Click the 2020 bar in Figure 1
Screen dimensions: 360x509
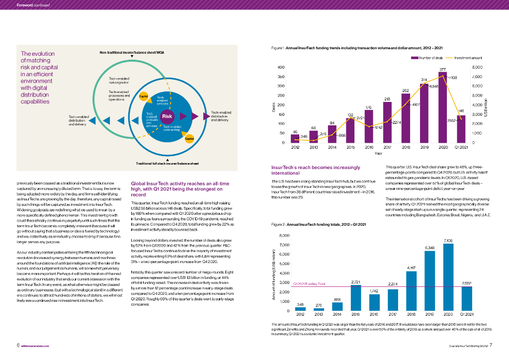[442, 107]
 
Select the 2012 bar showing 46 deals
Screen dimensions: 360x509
[295, 139]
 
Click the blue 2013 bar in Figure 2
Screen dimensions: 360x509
[319, 309]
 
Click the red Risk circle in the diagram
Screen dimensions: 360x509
[166, 117]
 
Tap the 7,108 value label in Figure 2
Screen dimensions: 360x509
[448, 240]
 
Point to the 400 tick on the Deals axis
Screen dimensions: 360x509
[281, 68]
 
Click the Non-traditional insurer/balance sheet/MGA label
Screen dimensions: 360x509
[132, 52]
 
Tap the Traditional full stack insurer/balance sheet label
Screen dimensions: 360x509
[168, 163]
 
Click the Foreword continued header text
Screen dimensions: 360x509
[33, 5]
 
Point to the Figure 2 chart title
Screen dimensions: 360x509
[319, 225]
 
